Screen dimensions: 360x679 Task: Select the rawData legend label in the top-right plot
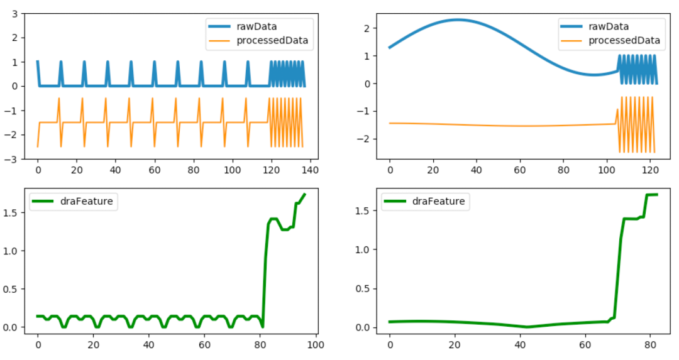pyautogui.click(x=608, y=26)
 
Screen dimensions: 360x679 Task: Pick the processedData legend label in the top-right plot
pyautogui.click(x=624, y=41)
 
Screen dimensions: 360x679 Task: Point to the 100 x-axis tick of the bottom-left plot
pyautogui.click(x=316, y=345)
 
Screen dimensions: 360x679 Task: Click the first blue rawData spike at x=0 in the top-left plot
pyautogui.click(x=38, y=62)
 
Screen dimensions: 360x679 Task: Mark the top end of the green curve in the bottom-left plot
pyautogui.click(x=304, y=195)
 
